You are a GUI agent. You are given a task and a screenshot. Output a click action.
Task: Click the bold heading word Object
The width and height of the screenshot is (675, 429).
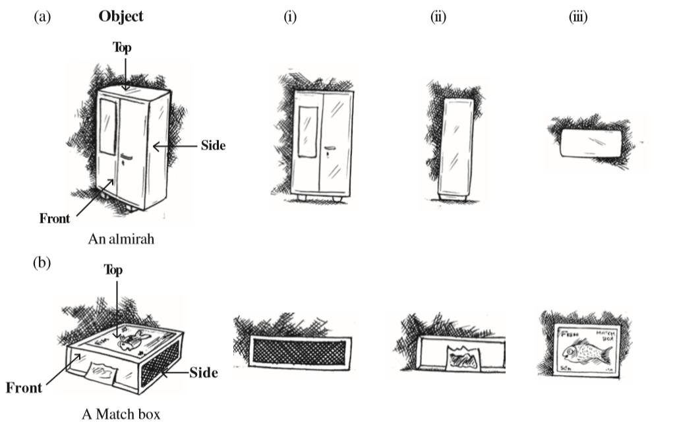click(x=121, y=17)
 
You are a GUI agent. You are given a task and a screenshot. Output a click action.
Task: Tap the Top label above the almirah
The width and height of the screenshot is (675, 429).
click(x=123, y=47)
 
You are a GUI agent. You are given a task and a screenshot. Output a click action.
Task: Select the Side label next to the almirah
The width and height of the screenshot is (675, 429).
click(x=214, y=146)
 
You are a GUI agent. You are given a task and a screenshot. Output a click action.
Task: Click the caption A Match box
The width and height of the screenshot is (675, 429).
click(x=121, y=415)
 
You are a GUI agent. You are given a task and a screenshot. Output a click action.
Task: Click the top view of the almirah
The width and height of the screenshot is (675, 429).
click(x=591, y=143)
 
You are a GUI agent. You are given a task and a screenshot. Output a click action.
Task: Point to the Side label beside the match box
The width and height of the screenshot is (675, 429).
click(x=203, y=372)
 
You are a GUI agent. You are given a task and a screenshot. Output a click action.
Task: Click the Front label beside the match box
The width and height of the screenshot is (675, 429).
click(x=24, y=387)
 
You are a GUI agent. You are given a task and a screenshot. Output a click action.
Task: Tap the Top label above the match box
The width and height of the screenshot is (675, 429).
click(x=114, y=271)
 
